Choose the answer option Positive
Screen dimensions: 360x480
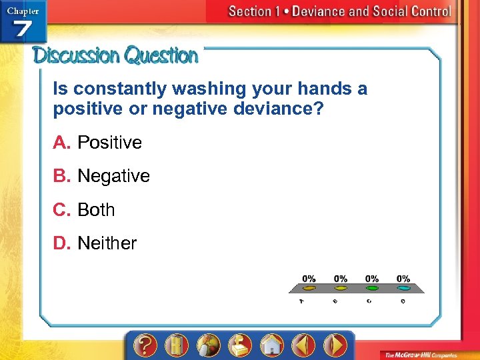[109, 143]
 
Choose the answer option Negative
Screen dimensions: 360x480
[113, 176]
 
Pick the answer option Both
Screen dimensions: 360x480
[96, 210]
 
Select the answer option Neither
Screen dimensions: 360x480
[107, 243]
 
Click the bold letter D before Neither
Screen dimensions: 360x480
[61, 243]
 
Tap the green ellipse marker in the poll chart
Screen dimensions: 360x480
[372, 288]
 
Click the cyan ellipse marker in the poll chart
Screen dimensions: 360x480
[403, 288]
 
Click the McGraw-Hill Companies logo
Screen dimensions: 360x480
[427, 353]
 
